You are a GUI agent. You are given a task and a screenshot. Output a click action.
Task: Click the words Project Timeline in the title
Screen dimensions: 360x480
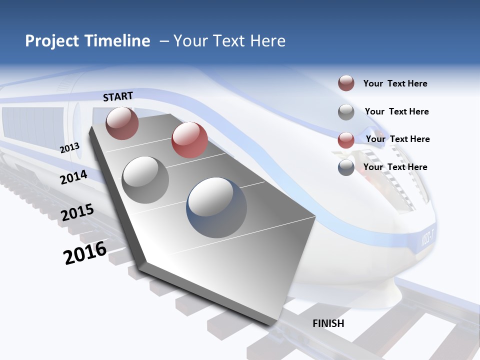tap(87, 41)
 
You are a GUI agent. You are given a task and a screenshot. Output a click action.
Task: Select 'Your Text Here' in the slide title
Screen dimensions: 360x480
tap(229, 41)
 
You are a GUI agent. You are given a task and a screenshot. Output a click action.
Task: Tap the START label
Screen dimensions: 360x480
tap(118, 96)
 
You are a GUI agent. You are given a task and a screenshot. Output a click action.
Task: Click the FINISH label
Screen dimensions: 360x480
tap(328, 323)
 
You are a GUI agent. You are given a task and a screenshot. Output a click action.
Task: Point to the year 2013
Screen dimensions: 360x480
tap(70, 147)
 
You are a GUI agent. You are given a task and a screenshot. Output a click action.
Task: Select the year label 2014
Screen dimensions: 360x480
tap(74, 177)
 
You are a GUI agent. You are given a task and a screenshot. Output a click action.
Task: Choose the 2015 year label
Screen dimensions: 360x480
tap(77, 212)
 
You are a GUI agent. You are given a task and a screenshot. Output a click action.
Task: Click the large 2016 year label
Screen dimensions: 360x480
tap(85, 252)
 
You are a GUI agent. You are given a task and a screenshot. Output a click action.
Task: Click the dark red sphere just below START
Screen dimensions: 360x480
tap(122, 123)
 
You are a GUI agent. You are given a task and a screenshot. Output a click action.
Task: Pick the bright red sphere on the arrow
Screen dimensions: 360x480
tap(189, 140)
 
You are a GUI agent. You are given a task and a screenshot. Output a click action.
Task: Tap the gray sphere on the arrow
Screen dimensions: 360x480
tap(145, 180)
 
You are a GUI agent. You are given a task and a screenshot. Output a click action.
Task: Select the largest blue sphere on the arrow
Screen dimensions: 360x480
tap(216, 207)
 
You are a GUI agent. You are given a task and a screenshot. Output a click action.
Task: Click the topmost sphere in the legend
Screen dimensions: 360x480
tap(346, 83)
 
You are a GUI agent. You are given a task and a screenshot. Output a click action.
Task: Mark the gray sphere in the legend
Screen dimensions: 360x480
tap(346, 112)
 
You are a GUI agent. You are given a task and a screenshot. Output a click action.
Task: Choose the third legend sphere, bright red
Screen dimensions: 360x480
tap(346, 140)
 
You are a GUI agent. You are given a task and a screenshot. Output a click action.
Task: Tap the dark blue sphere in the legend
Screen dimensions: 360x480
tap(346, 167)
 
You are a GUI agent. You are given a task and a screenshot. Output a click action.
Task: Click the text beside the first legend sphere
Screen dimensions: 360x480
tap(395, 83)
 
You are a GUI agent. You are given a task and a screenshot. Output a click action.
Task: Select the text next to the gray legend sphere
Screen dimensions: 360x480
tap(396, 111)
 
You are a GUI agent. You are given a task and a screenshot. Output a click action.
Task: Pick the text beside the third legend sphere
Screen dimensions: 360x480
tap(397, 139)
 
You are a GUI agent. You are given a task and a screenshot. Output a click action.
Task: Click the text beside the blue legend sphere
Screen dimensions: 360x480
tap(395, 167)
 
